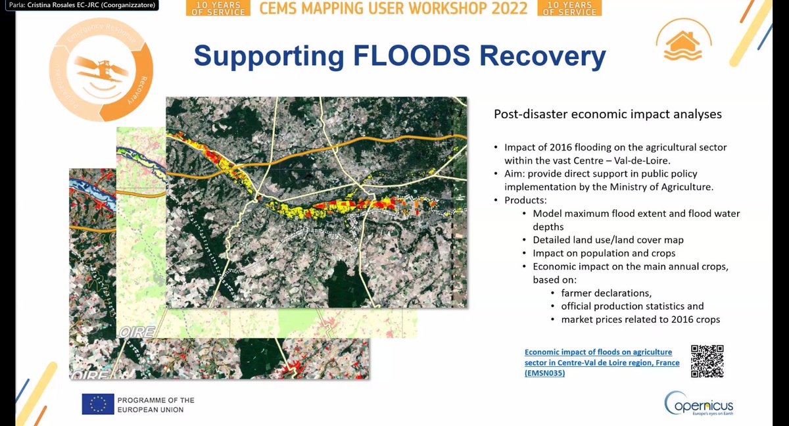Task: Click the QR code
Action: click(x=707, y=361)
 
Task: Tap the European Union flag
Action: click(x=98, y=404)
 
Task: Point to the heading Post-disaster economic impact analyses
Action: click(x=608, y=114)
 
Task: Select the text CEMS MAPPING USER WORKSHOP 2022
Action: click(x=393, y=9)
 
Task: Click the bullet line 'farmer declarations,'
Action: click(x=606, y=293)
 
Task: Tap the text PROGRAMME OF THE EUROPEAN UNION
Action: click(x=156, y=404)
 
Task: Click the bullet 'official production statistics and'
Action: click(x=632, y=306)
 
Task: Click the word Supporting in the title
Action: click(x=264, y=57)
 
